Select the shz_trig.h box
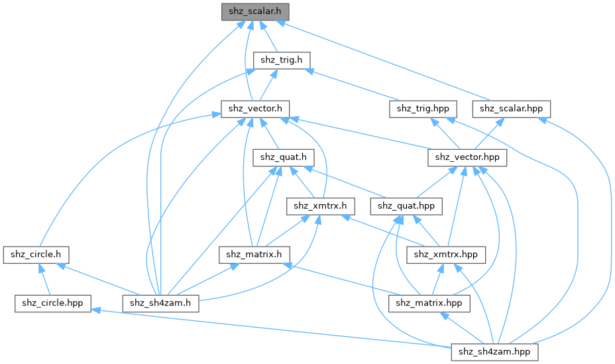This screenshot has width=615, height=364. (281, 60)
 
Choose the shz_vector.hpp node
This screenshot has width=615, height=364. (468, 157)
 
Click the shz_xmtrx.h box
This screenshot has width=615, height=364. (317, 206)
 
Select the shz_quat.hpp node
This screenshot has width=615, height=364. (406, 206)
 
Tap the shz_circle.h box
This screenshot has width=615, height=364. (36, 254)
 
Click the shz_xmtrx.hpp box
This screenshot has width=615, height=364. (446, 254)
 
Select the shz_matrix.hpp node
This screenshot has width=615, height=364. (429, 303)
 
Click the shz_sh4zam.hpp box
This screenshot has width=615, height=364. (494, 351)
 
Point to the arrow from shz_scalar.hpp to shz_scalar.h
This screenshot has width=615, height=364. (398, 62)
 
